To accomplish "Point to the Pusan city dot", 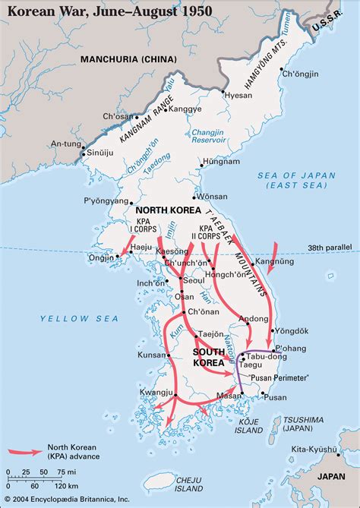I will point(262,394).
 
